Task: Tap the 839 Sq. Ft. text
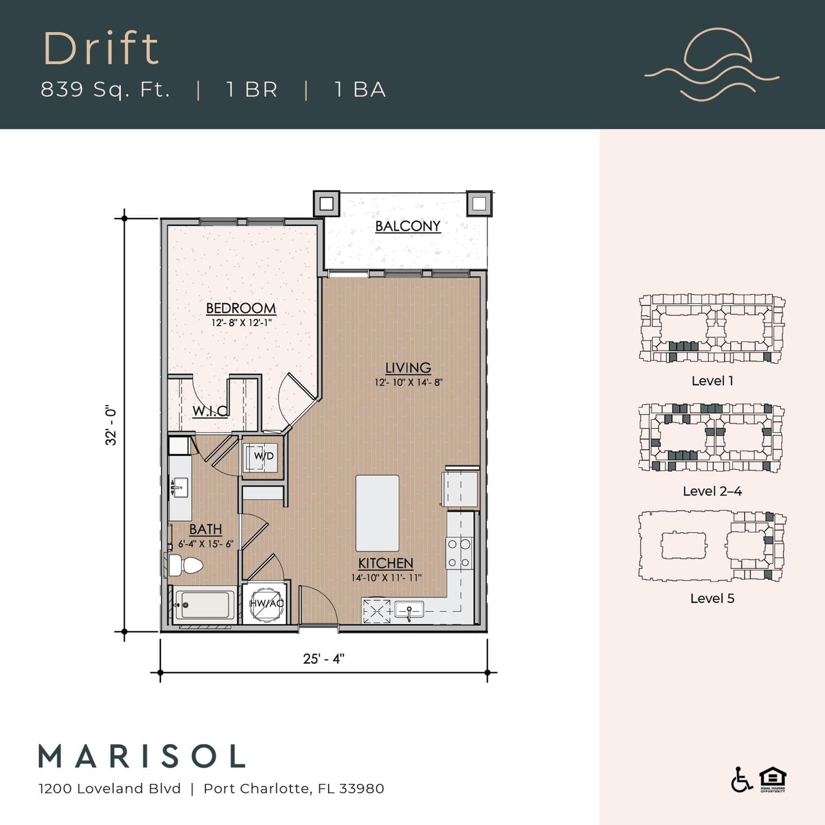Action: [x=105, y=89]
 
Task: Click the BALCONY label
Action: [x=407, y=226]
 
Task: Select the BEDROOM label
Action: [x=241, y=308]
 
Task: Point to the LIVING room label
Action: [x=408, y=368]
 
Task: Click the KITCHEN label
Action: [x=386, y=563]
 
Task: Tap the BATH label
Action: [x=205, y=529]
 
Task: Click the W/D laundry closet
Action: [x=263, y=457]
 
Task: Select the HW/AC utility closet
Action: [x=266, y=603]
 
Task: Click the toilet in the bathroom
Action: [x=185, y=565]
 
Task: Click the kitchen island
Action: [x=377, y=514]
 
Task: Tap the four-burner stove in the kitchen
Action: [x=459, y=553]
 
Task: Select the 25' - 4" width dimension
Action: [x=323, y=658]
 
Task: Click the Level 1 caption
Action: [x=712, y=381]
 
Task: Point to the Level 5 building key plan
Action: [x=712, y=547]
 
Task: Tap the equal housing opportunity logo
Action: [x=772, y=780]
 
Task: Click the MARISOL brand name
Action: [x=142, y=756]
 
